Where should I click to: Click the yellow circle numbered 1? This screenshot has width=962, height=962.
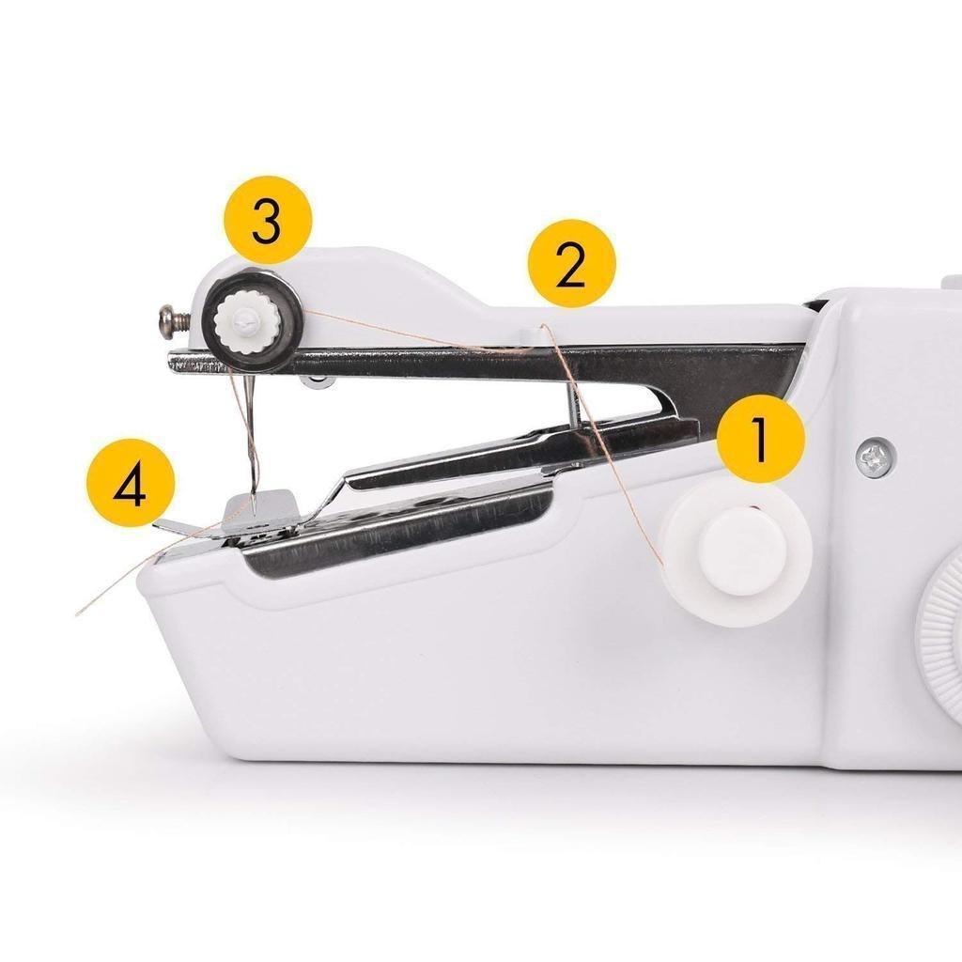pos(760,439)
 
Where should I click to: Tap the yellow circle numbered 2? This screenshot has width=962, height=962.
pos(572,264)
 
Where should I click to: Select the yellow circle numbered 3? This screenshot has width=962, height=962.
pos(268,220)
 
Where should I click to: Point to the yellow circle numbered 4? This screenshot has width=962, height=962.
pos(131,482)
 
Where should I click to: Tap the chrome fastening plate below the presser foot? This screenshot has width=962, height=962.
pos(398,528)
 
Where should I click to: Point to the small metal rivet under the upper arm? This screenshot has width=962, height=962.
pos(318,381)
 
